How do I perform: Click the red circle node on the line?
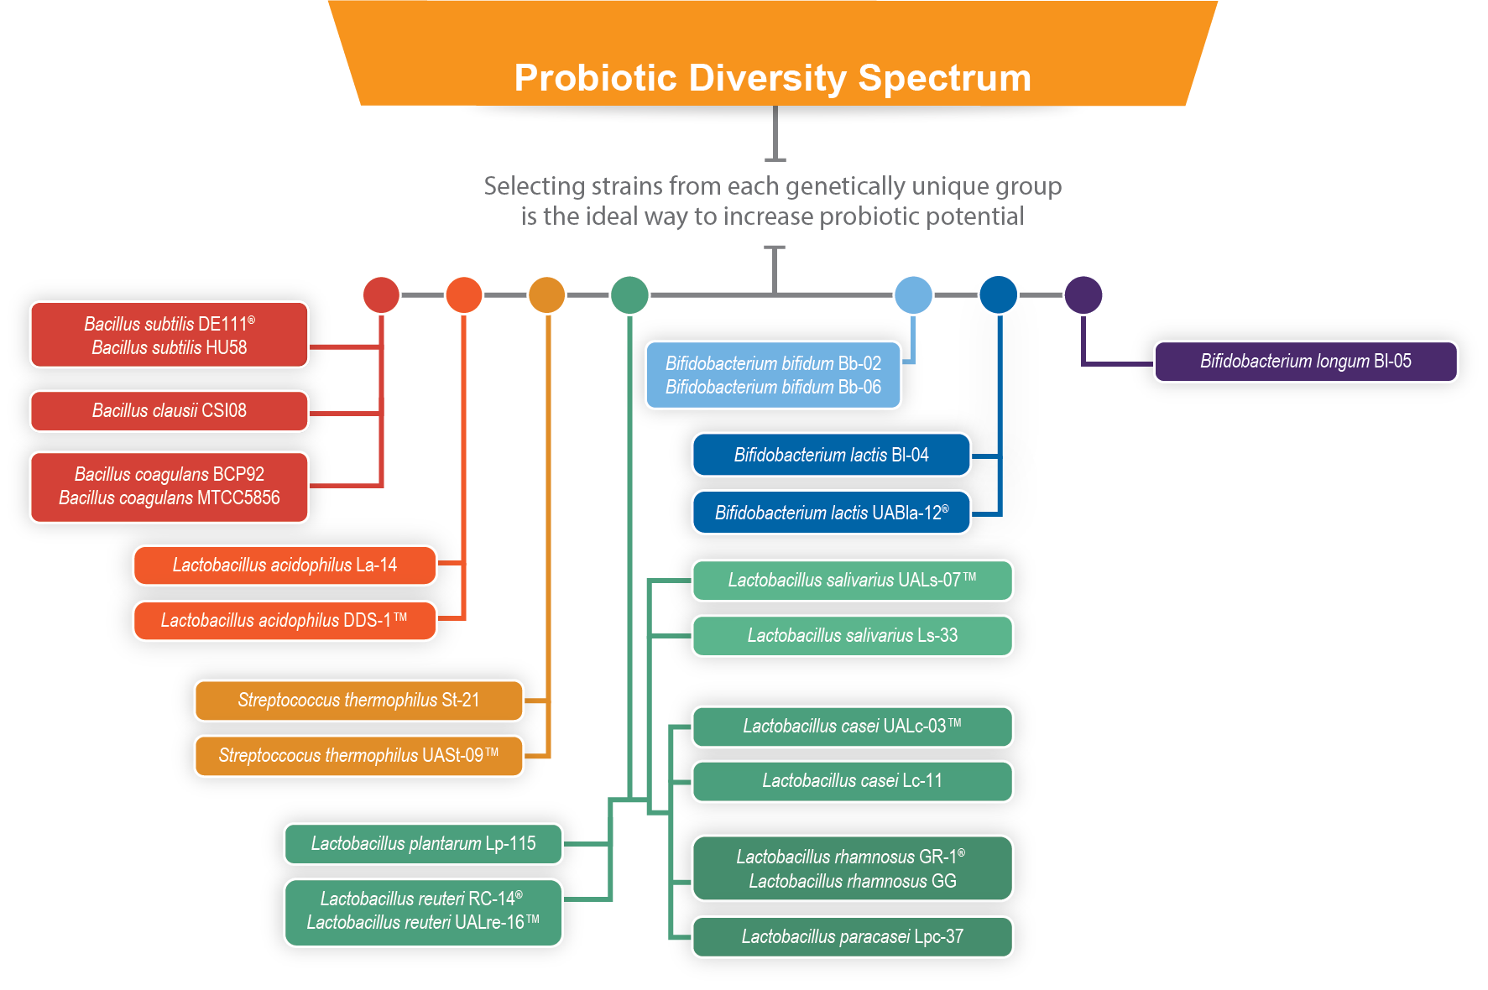pyautogui.click(x=381, y=295)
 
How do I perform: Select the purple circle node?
pyautogui.click(x=1083, y=295)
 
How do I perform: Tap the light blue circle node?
pyautogui.click(x=913, y=295)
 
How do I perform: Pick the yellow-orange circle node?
pyautogui.click(x=546, y=295)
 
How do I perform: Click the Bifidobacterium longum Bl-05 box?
pyautogui.click(x=1305, y=362)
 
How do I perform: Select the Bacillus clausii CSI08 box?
pyautogui.click(x=169, y=411)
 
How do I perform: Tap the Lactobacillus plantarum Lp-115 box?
pyautogui.click(x=423, y=844)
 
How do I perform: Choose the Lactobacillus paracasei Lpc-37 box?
pyautogui.click(x=852, y=937)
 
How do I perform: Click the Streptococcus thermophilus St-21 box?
pyautogui.click(x=358, y=701)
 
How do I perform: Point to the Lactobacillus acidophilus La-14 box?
pyautogui.click(x=285, y=565)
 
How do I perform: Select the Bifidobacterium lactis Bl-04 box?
pyautogui.click(x=831, y=456)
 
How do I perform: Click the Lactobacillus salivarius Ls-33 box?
pyautogui.click(x=852, y=636)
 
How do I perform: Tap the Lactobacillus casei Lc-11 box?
pyautogui.click(x=852, y=781)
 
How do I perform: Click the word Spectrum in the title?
pyautogui.click(x=944, y=79)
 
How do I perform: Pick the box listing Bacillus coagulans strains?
pyautogui.click(x=169, y=487)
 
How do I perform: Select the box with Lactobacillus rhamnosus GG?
pyautogui.click(x=852, y=869)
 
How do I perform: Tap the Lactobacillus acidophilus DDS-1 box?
pyautogui.click(x=285, y=621)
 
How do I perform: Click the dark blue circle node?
pyautogui.click(x=998, y=295)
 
